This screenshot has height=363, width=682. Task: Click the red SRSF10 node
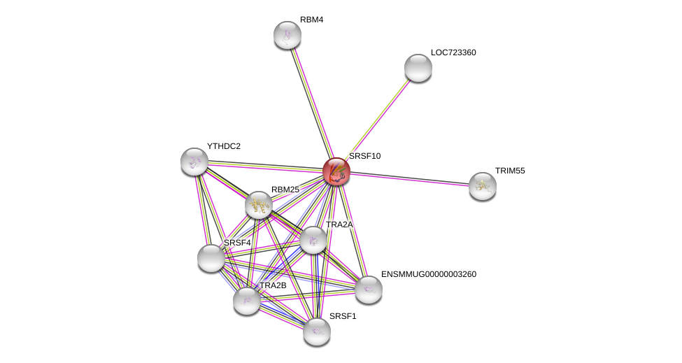(336, 171)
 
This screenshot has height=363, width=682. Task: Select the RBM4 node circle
(287, 35)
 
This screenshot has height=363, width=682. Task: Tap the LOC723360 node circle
(418, 68)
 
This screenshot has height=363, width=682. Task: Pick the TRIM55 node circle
(483, 186)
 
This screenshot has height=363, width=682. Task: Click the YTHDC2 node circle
(194, 162)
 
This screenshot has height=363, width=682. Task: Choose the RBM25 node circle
(259, 205)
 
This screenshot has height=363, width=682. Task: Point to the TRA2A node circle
(313, 240)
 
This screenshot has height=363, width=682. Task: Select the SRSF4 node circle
(211, 258)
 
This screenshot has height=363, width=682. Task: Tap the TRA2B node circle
(247, 301)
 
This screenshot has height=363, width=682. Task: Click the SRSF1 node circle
(317, 332)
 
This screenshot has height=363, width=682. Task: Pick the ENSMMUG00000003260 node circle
(369, 290)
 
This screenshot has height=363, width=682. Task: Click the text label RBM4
(311, 20)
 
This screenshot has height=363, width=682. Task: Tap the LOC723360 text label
(453, 52)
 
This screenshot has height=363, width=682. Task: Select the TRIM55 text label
(510, 171)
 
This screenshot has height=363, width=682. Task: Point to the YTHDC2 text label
(223, 146)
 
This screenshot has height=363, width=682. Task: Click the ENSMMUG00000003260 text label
(428, 274)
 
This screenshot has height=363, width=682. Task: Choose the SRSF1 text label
(343, 316)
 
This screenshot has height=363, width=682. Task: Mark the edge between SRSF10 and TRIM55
(409, 179)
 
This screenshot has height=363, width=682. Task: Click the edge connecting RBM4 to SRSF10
(312, 104)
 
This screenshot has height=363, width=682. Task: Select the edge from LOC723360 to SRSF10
(377, 120)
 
